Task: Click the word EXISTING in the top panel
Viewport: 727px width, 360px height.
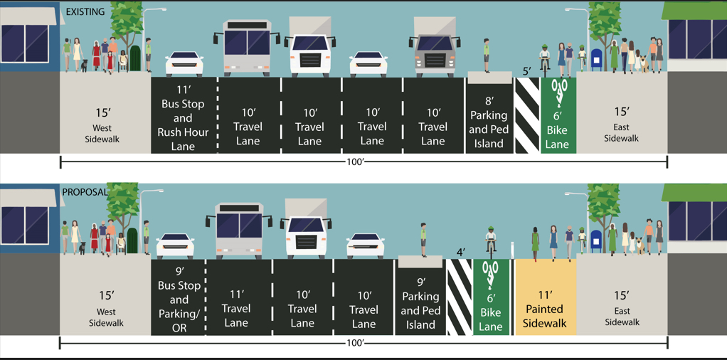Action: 85,12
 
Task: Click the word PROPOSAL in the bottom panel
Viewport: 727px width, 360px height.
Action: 85,192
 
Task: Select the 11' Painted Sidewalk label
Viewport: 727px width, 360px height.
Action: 544,309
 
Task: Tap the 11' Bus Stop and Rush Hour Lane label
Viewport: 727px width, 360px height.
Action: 183,118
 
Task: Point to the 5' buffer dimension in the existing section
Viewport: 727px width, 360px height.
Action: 526,71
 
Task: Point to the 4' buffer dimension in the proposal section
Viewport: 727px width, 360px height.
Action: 460,253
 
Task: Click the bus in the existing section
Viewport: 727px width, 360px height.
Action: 247,47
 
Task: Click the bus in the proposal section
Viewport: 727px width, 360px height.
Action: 239,227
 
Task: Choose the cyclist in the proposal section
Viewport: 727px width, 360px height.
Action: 490,241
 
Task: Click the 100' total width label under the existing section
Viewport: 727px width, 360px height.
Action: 354,162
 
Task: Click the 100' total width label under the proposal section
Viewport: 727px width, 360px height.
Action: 354,343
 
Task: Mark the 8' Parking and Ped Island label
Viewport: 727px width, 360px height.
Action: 488,122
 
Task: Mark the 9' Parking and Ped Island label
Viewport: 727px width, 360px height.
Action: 420,303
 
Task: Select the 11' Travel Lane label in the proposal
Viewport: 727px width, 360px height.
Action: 236,308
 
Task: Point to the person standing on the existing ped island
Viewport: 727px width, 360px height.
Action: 487,55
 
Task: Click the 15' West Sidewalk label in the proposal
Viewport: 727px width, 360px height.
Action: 106,308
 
